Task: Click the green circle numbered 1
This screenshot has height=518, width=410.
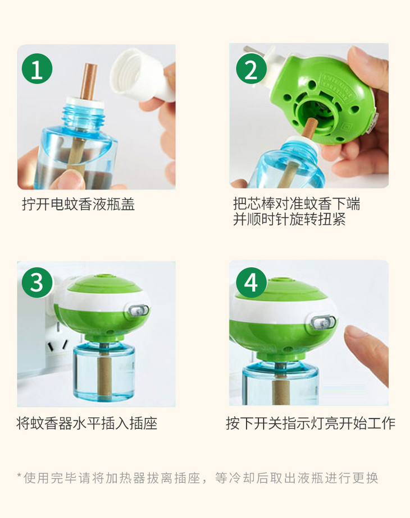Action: (37, 69)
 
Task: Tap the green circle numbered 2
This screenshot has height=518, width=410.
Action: (251, 69)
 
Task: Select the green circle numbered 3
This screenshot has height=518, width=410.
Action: (37, 283)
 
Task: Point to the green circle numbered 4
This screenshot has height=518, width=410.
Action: (251, 283)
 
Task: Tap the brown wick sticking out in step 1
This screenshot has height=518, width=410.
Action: (90, 81)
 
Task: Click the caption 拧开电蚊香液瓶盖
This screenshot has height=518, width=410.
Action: (79, 204)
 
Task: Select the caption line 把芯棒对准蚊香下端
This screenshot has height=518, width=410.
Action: (297, 203)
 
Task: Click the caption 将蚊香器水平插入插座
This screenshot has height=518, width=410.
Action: (86, 423)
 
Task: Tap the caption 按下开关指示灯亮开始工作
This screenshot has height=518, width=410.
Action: (311, 423)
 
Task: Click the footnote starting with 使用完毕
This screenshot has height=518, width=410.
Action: (198, 478)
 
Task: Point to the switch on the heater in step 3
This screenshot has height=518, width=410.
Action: (138, 311)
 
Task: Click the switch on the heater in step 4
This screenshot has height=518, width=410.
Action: (323, 322)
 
